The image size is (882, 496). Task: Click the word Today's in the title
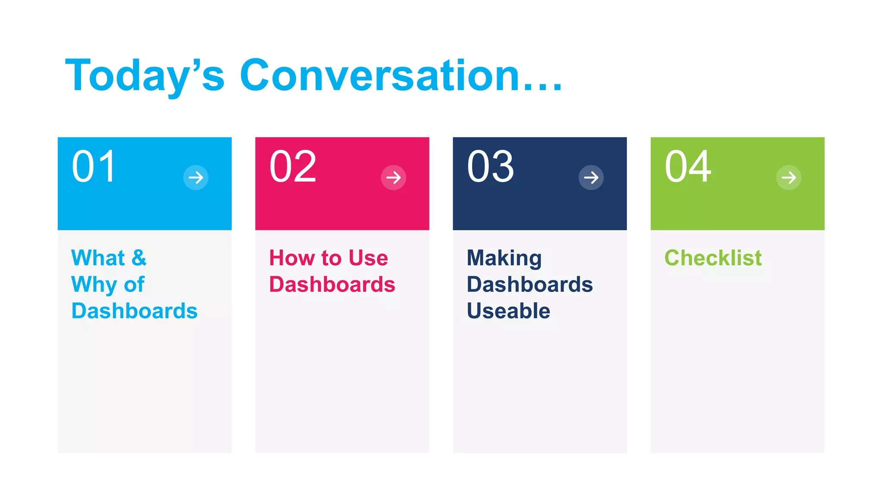(x=145, y=76)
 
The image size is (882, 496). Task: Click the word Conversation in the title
(x=379, y=76)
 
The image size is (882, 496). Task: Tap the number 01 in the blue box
(x=94, y=167)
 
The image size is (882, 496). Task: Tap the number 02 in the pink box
(x=293, y=167)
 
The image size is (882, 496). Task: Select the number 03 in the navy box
(x=490, y=167)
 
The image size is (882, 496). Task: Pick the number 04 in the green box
(x=687, y=167)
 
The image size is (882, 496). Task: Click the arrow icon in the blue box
(x=196, y=177)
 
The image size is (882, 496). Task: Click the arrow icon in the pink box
(x=394, y=177)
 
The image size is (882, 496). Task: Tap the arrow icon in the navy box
(x=591, y=177)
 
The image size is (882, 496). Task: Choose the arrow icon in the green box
(x=789, y=177)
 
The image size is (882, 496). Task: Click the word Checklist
(x=713, y=258)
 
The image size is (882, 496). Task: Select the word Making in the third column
(x=504, y=258)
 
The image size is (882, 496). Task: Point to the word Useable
(x=508, y=311)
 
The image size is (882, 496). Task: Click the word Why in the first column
(x=94, y=285)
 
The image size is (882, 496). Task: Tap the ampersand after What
(x=139, y=258)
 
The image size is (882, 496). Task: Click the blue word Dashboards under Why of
(x=134, y=311)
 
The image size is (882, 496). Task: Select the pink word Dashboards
(x=332, y=285)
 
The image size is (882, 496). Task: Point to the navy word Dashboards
(x=530, y=285)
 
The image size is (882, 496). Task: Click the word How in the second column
(x=292, y=258)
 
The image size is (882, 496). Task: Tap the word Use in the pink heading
(x=368, y=258)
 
